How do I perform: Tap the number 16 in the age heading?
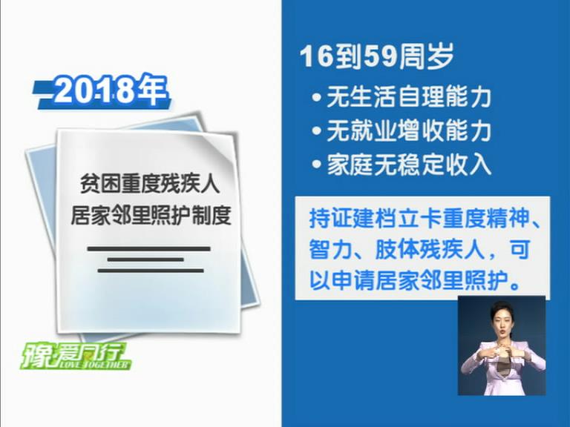pos(316,56)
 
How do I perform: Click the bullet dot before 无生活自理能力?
pos(317,98)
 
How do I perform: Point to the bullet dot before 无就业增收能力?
pos(317,130)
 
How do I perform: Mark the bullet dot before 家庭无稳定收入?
pos(317,164)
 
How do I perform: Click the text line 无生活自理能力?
pos(409,97)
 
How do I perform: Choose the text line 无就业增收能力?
pos(409,130)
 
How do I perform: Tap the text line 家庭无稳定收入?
pos(409,164)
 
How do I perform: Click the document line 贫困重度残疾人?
pos(150,184)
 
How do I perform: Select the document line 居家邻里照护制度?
pos(151,215)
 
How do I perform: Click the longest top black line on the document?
pos(148,249)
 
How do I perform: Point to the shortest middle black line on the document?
pos(145,259)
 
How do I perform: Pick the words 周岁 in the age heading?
pos(426,56)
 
